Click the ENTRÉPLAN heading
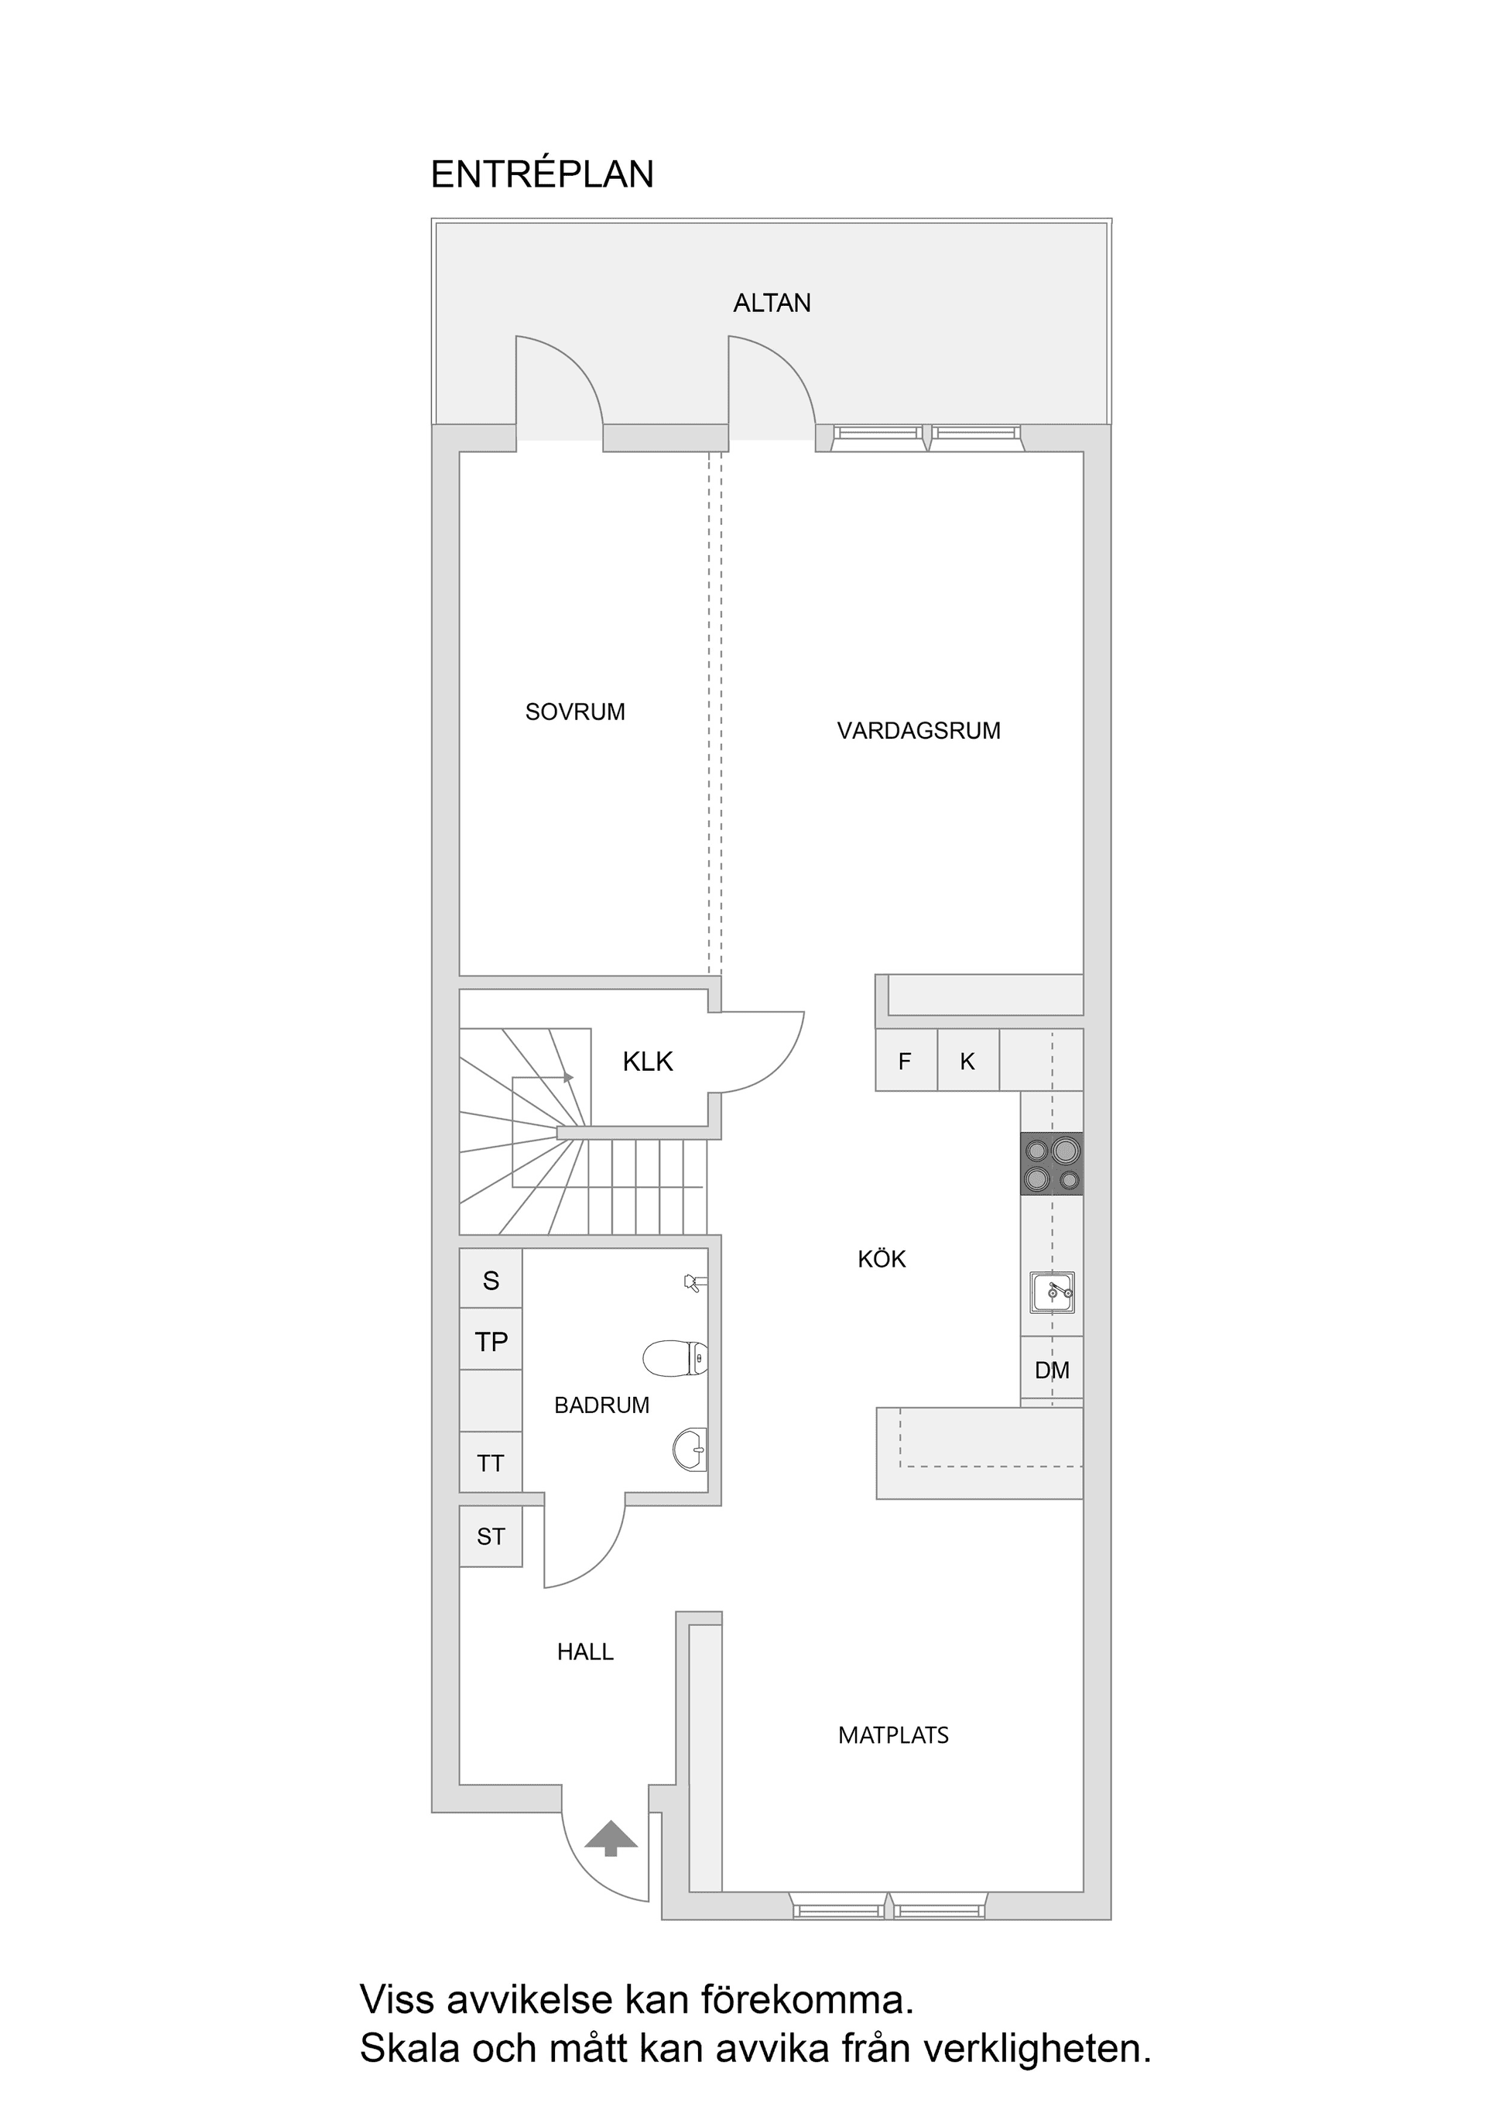tap(542, 174)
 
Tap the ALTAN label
tap(772, 304)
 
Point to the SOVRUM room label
tap(575, 712)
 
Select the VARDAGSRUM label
tap(919, 731)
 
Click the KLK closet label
tap(647, 1062)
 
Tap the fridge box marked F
tap(906, 1061)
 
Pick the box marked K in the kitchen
tap(967, 1061)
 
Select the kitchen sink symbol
tap(1052, 1292)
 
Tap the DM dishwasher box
tap(1052, 1371)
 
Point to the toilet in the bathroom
tap(675, 1358)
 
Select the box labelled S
tap(491, 1281)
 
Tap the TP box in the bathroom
tap(491, 1342)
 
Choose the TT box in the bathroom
tap(491, 1463)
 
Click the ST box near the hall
tap(491, 1536)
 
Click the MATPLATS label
tap(894, 1734)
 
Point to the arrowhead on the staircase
tap(569, 1077)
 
